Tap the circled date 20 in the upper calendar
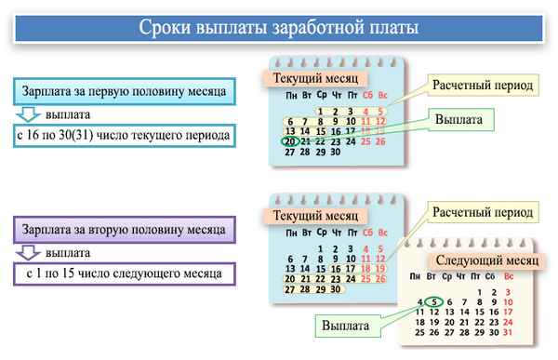coord(292,141)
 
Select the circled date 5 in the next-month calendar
coord(437,301)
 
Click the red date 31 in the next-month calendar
coord(506,332)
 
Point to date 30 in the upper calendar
coord(335,152)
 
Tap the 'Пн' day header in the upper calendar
coord(292,96)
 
